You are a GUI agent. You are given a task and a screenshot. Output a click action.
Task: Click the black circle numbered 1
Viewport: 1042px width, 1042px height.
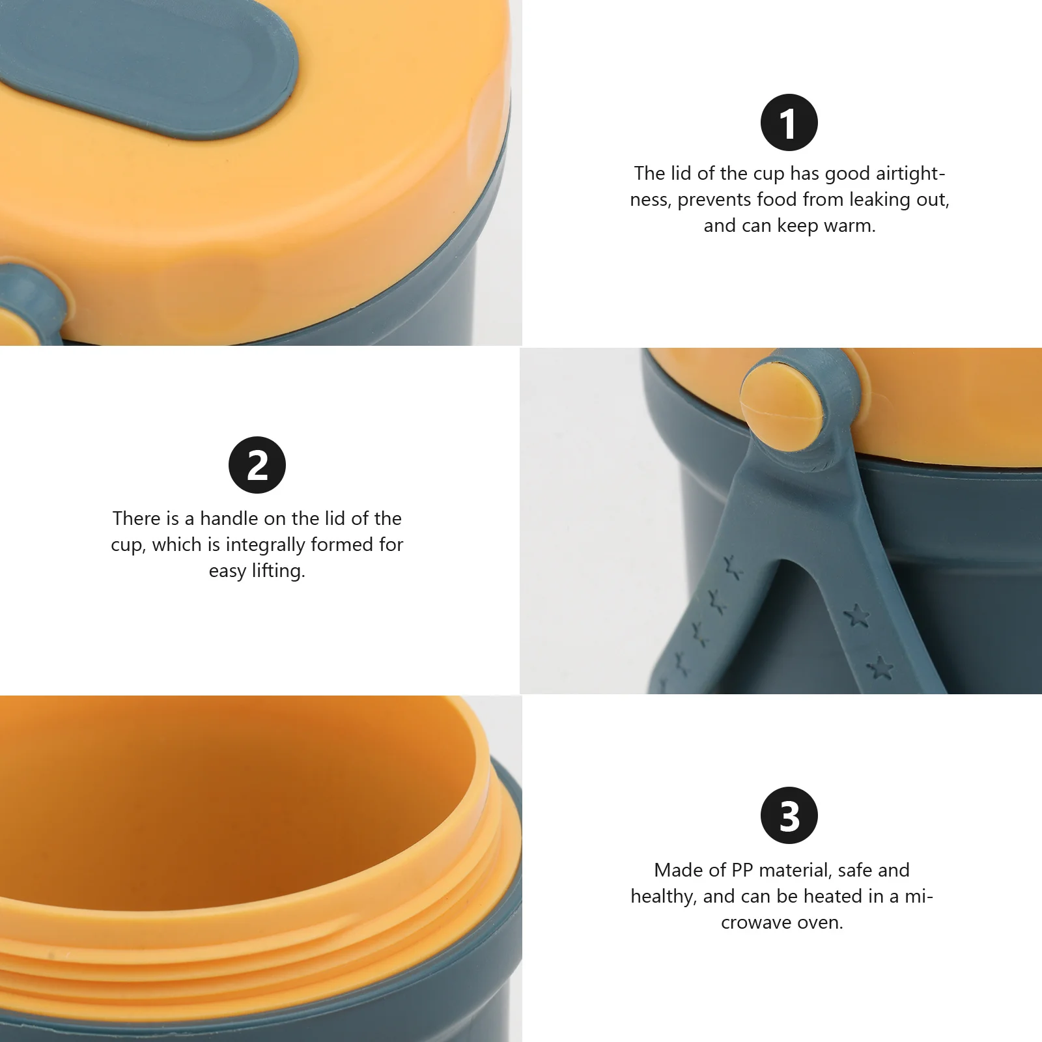(789, 122)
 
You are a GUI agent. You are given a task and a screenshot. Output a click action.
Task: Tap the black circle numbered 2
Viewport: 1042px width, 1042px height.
(257, 465)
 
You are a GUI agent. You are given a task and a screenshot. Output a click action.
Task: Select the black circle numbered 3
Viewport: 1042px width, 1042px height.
(789, 815)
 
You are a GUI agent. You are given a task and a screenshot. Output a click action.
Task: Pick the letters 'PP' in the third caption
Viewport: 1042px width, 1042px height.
(742, 870)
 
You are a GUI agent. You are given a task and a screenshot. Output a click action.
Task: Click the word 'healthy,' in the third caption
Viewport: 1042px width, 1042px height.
(664, 896)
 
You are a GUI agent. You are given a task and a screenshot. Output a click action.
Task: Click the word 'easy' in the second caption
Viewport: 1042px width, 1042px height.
(227, 570)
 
